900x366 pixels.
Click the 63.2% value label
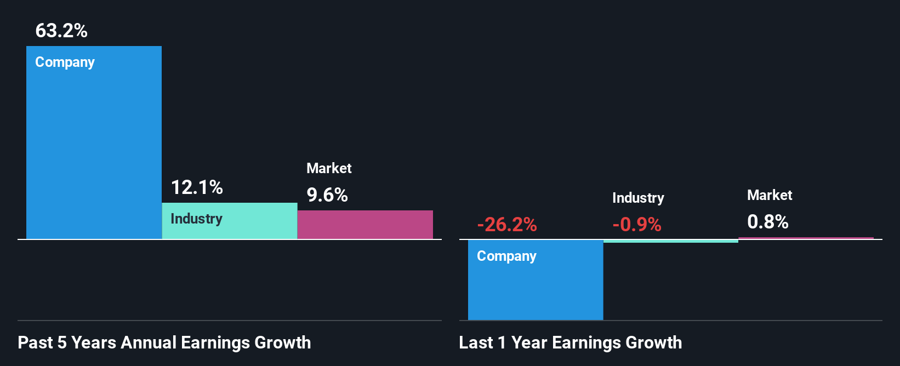click(x=61, y=31)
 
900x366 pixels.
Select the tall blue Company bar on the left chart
click(x=94, y=148)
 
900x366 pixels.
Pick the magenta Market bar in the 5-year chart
click(x=365, y=225)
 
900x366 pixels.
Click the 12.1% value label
click(x=197, y=187)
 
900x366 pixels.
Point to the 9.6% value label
click(x=327, y=195)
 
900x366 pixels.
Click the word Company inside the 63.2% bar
click(x=65, y=62)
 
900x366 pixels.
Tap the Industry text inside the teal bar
click(x=196, y=219)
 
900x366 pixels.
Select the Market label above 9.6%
click(x=329, y=168)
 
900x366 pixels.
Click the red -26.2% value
click(x=506, y=225)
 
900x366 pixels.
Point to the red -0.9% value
click(x=636, y=225)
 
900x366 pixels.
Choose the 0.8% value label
click(x=767, y=222)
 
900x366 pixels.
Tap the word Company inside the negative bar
click(x=506, y=256)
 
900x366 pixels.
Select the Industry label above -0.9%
click(x=638, y=198)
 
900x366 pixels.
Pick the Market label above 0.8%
click(x=770, y=195)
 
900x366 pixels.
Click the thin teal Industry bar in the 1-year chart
click(x=670, y=241)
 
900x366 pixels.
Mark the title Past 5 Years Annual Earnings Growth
click(x=164, y=342)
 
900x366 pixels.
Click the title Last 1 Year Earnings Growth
click(x=570, y=342)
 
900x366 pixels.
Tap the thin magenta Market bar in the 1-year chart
click(x=806, y=238)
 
